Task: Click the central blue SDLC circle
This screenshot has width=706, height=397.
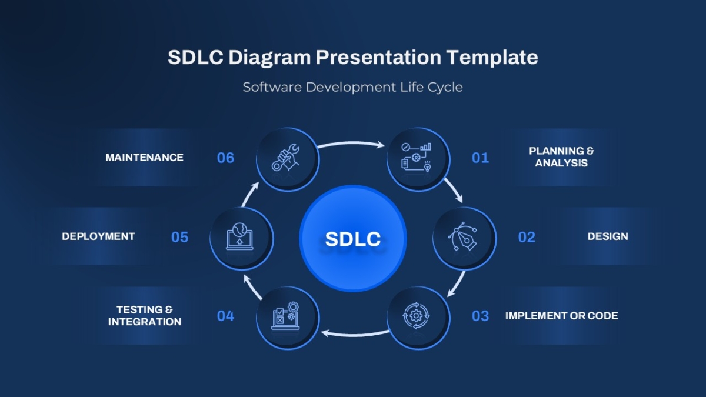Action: tap(352, 238)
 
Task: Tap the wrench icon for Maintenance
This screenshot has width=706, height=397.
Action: tap(285, 158)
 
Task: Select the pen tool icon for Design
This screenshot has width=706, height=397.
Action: tap(462, 236)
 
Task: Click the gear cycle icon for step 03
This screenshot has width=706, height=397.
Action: tap(416, 316)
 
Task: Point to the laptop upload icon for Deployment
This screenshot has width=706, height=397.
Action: tap(239, 237)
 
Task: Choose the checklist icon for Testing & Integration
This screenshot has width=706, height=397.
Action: tap(285, 316)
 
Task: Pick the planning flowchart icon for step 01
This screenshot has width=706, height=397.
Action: tap(416, 157)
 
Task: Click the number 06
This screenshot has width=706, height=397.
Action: tap(226, 158)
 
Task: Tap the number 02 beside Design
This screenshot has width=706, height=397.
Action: tap(527, 237)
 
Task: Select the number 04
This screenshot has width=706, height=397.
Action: tap(226, 316)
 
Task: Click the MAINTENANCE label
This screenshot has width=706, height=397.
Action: tap(144, 158)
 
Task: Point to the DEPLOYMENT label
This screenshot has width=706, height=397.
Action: tap(98, 236)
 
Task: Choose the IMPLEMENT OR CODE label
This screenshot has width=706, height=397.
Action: tap(561, 316)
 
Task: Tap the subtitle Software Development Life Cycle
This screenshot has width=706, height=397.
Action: tap(352, 87)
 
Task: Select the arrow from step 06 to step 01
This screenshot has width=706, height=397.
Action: tap(351, 144)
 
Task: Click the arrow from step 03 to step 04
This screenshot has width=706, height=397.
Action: tap(355, 334)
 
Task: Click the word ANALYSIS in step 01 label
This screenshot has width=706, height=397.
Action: tap(561, 164)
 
